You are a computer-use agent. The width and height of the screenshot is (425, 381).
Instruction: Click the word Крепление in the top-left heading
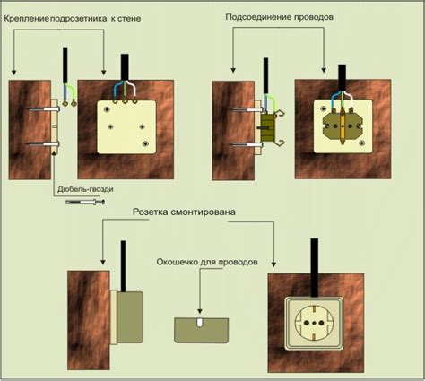click(27, 19)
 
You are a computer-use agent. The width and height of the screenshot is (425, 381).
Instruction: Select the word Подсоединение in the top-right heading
click(259, 17)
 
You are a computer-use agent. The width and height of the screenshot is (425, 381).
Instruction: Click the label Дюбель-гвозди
click(85, 189)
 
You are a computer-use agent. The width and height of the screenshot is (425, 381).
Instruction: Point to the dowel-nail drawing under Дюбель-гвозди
click(85, 203)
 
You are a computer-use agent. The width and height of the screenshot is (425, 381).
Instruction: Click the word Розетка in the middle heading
click(151, 212)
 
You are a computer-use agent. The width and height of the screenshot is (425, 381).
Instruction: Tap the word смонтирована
click(204, 212)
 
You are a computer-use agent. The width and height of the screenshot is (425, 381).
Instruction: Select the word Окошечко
click(177, 262)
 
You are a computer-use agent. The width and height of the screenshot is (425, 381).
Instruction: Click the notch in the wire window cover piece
click(200, 323)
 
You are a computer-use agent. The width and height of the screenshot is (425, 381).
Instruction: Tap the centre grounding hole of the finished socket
click(314, 323)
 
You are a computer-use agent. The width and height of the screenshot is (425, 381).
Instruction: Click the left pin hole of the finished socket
click(307, 323)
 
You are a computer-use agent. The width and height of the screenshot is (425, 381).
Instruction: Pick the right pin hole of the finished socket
click(322, 323)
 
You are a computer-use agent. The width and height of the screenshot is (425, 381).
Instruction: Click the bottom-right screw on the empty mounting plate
click(145, 143)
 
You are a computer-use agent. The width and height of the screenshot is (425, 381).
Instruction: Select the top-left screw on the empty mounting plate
click(107, 110)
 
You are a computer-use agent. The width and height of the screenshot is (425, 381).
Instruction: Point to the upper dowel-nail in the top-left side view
click(44, 109)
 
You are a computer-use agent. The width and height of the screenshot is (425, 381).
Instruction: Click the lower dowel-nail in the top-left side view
click(43, 144)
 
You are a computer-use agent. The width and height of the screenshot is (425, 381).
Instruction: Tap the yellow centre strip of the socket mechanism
click(343, 126)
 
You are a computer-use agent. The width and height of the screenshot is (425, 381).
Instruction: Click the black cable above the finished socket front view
click(314, 267)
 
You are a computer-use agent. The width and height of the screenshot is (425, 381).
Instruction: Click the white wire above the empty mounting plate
click(133, 90)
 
